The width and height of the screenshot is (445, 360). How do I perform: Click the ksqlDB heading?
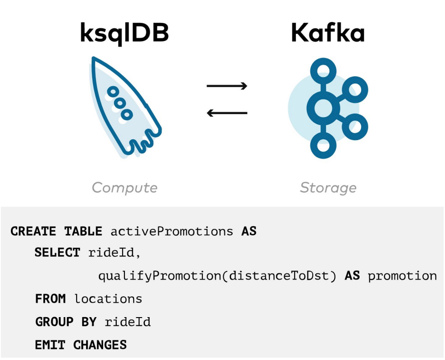pos(124,33)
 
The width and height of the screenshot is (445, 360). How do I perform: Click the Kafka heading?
pos(328,33)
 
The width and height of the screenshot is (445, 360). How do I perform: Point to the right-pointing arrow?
pos(227,86)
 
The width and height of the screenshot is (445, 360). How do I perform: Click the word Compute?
pos(124,188)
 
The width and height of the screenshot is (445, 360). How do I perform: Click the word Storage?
pos(328,188)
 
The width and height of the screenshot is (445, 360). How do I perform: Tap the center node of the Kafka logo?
pos(324,109)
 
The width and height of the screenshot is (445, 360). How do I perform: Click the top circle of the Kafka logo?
pos(324,71)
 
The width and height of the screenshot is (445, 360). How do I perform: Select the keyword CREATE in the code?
pos(32,231)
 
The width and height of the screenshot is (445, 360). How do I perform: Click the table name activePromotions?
pos(172,231)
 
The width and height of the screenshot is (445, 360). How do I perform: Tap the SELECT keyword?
pos(57,252)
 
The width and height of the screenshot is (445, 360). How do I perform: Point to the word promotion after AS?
pos(402,276)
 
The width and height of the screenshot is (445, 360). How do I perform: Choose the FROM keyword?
pos(51,299)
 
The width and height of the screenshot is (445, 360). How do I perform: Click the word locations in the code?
pos(108,299)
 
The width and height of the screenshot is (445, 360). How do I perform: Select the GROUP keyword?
pos(54,322)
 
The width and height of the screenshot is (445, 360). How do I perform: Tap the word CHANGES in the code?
pos(100,345)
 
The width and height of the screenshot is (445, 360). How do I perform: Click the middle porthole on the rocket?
pos(119,103)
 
